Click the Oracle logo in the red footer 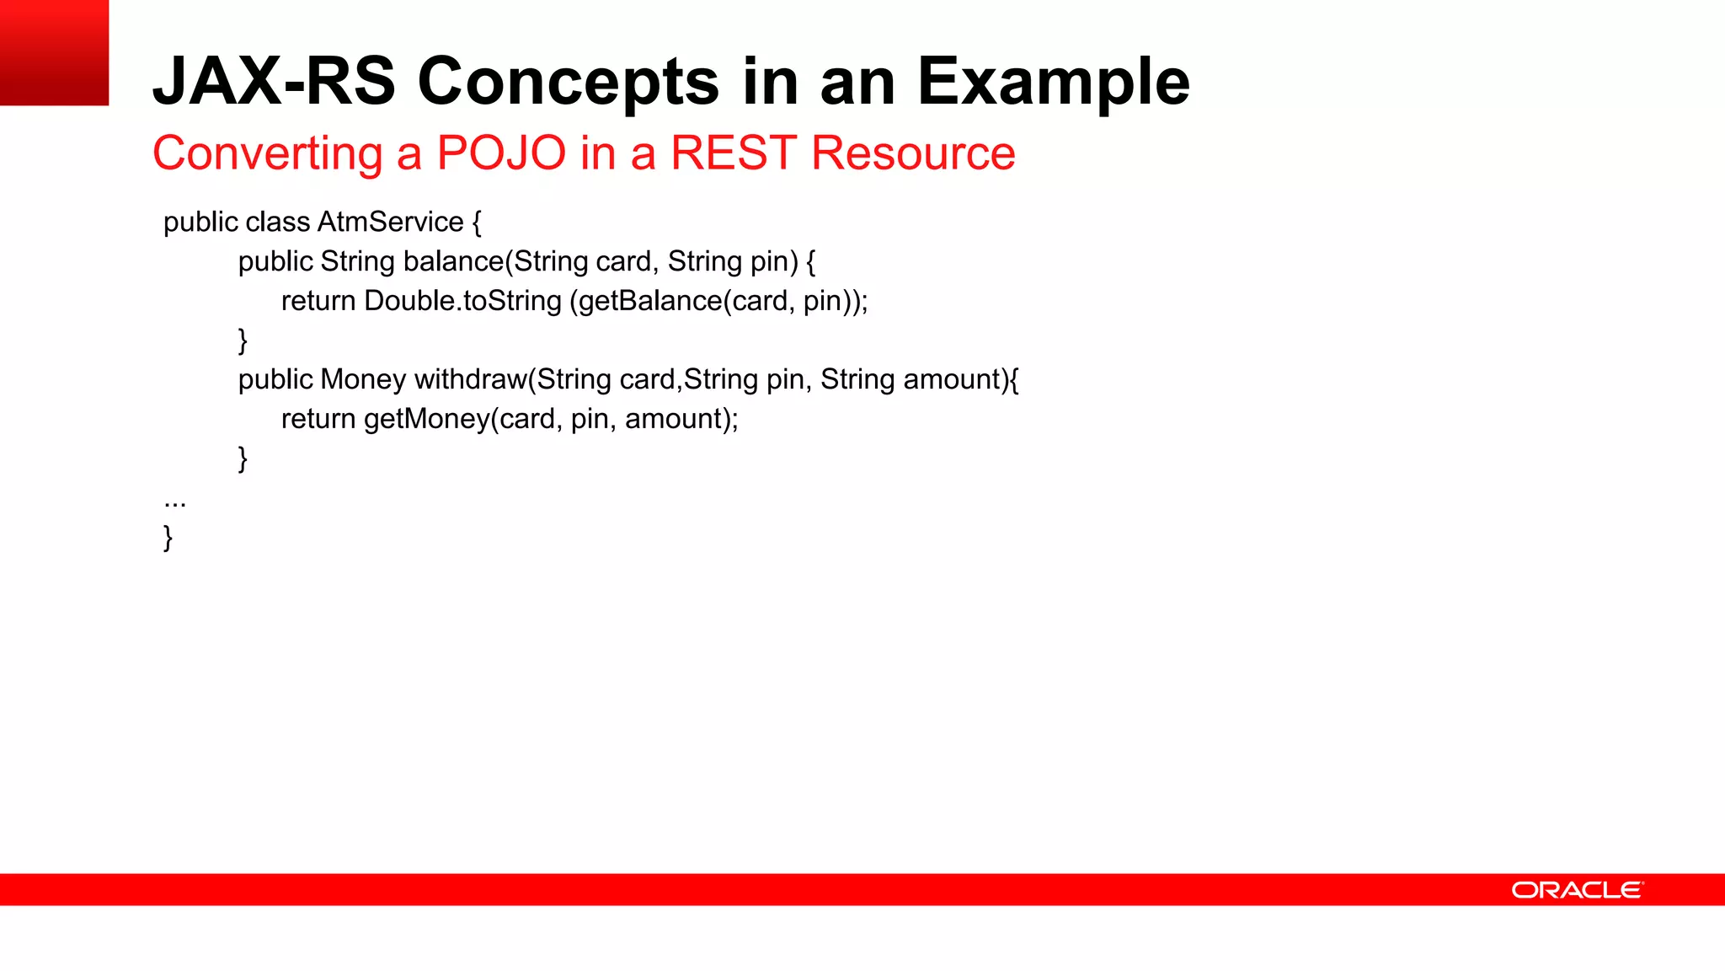(1577, 890)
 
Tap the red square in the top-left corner (54, 52)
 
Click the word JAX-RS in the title (274, 82)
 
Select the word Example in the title (1053, 82)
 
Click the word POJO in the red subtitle (501, 153)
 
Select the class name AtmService (391, 222)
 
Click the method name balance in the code (452, 261)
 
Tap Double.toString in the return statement (462, 301)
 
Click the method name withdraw (470, 379)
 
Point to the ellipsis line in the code (174, 502)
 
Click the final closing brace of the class (168, 537)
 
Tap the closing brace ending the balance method (243, 341)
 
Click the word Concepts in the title (569, 82)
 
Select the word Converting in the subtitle (267, 153)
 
